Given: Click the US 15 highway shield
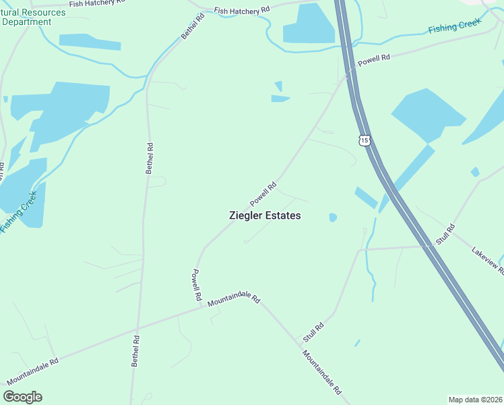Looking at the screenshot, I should tap(365, 140).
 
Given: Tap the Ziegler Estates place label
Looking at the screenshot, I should tap(264, 215).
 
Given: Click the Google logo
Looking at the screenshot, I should tap(23, 397).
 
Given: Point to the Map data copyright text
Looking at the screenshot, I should tap(476, 399).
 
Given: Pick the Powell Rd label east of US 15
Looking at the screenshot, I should tap(374, 60).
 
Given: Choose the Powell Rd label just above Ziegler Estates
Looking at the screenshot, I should tap(263, 194).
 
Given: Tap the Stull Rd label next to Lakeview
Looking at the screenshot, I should tap(445, 234).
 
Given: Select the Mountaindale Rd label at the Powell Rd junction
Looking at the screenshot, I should tap(233, 297).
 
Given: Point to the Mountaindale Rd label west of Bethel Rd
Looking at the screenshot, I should tap(32, 371).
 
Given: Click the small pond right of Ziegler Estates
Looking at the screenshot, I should tap(332, 217).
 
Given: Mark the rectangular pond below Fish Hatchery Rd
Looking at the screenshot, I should tap(309, 25).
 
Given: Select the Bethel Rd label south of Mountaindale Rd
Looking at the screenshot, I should tap(135, 351).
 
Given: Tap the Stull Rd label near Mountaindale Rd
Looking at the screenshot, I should tap(313, 331).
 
